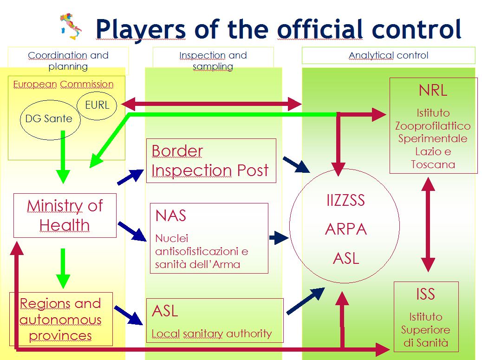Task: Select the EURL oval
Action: click(98, 105)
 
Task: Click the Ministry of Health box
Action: click(65, 216)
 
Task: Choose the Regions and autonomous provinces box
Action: click(61, 319)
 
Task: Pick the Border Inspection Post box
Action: click(211, 161)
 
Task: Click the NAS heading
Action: click(171, 216)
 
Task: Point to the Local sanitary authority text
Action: click(211, 333)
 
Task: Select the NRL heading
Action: click(433, 90)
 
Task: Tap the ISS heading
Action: click(425, 294)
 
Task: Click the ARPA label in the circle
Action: click(346, 229)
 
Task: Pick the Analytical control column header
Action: click(388, 56)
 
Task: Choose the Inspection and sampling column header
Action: click(213, 60)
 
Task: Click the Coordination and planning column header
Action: click(68, 60)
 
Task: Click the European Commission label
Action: click(63, 85)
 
